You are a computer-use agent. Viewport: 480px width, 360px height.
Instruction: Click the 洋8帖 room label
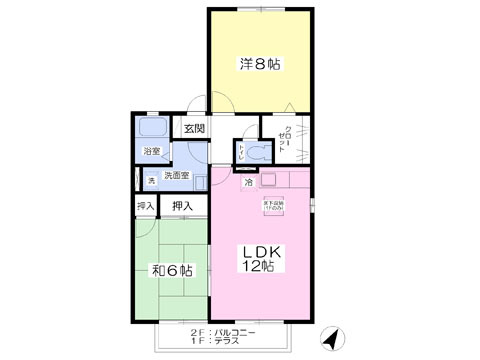tap(259, 65)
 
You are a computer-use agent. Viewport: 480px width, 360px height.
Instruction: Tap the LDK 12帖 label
tap(260, 260)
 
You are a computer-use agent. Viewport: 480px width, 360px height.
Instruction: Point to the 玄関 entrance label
tap(194, 129)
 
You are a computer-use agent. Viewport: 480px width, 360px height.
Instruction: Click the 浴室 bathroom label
tap(151, 153)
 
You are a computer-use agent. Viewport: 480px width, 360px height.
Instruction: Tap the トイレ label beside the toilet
tap(240, 154)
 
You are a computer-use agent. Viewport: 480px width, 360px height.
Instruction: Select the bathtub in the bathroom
tap(153, 129)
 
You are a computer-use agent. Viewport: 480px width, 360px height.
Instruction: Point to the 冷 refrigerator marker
tap(249, 184)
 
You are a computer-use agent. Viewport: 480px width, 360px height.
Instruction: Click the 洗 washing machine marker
tap(152, 180)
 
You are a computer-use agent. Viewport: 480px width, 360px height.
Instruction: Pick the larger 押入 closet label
tap(181, 207)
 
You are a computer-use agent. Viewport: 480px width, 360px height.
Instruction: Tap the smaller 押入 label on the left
tap(146, 207)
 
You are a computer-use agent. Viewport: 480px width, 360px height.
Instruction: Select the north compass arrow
tap(331, 341)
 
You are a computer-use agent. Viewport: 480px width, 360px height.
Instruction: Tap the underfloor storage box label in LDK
tap(273, 206)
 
